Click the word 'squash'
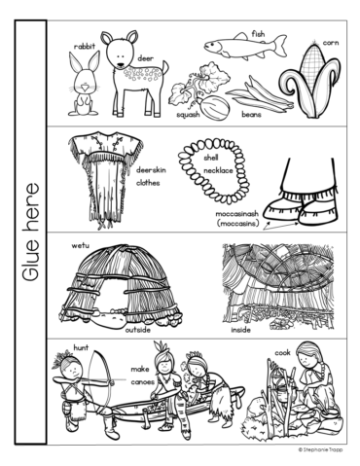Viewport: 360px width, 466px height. pos(188,115)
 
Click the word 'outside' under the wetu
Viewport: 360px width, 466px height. pos(138,330)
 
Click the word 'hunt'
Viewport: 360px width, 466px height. pos(81,345)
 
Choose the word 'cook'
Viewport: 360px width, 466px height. pos(282,352)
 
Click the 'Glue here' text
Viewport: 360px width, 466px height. pos(33,233)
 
